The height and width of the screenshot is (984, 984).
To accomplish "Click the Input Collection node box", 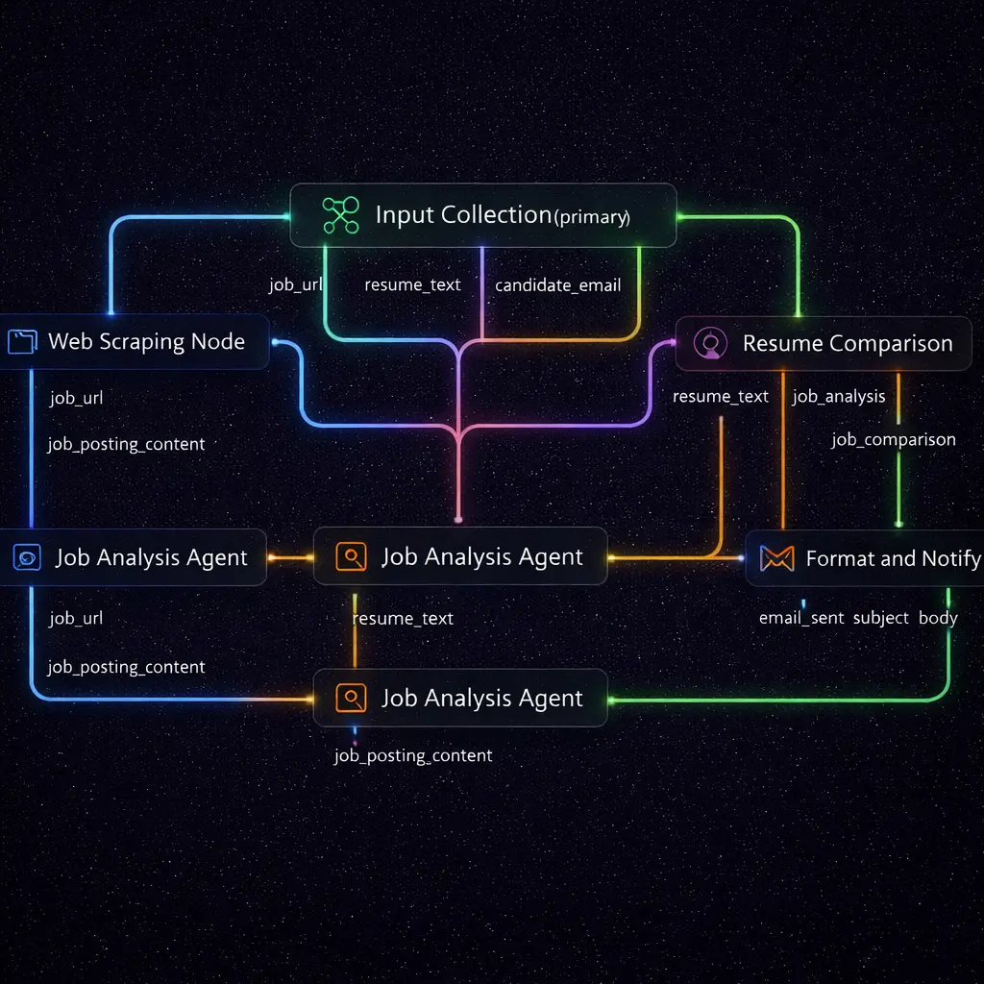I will (483, 215).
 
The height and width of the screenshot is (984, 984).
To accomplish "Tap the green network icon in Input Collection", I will (340, 215).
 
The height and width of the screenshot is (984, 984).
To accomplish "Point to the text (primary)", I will (592, 217).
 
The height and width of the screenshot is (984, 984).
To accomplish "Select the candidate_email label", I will (557, 285).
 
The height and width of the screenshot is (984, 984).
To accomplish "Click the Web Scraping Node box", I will (135, 341).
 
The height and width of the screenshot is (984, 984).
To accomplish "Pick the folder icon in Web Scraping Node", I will (20, 341).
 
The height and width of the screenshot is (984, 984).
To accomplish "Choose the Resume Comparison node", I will (824, 343).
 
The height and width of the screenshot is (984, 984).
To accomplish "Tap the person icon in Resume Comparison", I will (710, 343).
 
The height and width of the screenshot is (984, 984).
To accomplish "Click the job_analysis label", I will (839, 396).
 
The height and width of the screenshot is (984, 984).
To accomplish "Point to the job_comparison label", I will (894, 440).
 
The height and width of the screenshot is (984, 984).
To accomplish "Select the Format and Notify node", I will (865, 558).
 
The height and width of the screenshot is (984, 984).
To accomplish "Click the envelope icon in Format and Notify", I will (776, 558).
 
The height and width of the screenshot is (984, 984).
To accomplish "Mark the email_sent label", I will (801, 618).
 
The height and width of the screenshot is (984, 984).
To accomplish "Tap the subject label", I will (880, 618).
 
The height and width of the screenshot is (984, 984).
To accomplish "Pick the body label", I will (938, 618).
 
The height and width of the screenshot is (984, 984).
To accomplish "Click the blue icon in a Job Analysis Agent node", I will (27, 557).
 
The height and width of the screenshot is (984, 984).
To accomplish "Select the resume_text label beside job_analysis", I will (721, 396).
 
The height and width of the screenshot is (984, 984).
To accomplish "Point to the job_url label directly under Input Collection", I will (295, 285).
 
